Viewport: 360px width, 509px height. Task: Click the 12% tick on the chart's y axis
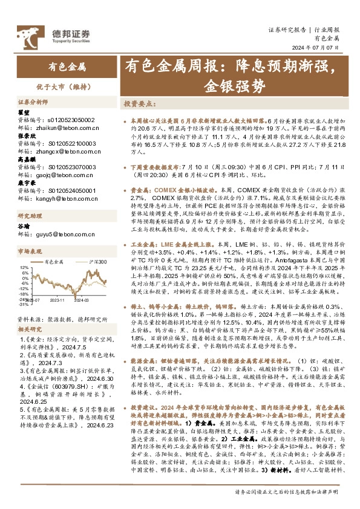[x=24, y=267]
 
